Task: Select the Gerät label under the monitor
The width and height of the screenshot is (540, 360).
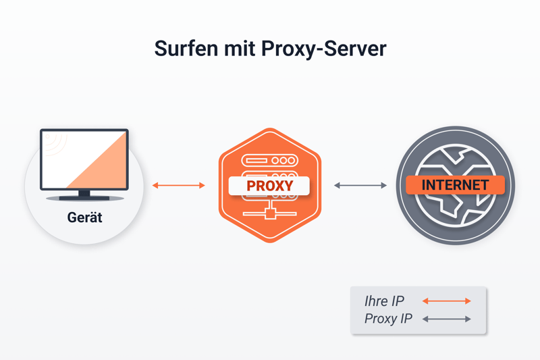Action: (84, 217)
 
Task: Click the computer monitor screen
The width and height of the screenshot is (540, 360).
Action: (74, 155)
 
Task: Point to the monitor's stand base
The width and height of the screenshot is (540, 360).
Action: (84, 198)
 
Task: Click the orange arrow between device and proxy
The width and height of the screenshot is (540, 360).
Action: (178, 185)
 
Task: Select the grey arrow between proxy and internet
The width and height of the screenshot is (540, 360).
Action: (360, 185)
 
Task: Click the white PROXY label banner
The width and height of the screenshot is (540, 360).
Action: (269, 186)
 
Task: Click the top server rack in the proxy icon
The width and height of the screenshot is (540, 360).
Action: (269, 161)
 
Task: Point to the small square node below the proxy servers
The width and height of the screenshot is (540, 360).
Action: (270, 215)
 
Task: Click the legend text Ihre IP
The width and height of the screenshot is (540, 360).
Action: (384, 301)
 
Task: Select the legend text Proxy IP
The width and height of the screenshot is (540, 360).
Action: (387, 319)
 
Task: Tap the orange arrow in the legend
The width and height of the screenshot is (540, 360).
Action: (446, 301)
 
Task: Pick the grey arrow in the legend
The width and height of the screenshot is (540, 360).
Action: (446, 319)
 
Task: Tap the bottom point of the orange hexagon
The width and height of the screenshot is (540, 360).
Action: (270, 241)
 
